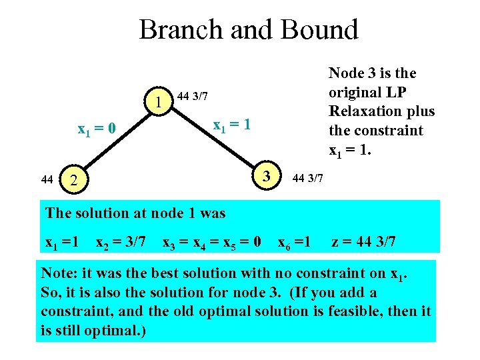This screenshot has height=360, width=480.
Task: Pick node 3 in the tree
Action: (266, 176)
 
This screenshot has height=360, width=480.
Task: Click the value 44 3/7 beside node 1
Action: (193, 97)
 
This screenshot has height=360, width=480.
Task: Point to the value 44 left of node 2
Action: (47, 179)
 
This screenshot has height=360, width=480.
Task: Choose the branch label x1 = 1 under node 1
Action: (231, 125)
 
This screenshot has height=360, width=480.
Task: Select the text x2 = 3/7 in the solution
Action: (121, 242)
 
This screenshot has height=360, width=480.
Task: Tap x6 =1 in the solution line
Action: (293, 242)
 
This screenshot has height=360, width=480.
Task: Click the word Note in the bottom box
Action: (57, 273)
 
